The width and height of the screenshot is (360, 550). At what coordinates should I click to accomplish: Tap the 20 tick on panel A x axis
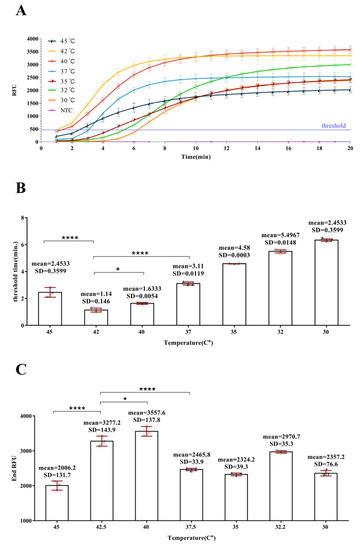(x=350, y=148)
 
